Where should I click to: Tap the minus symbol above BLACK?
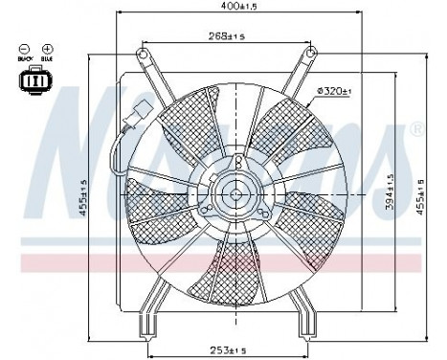click(23, 49)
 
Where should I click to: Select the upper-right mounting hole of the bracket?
click(311, 55)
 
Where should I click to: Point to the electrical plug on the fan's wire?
click(135, 124)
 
